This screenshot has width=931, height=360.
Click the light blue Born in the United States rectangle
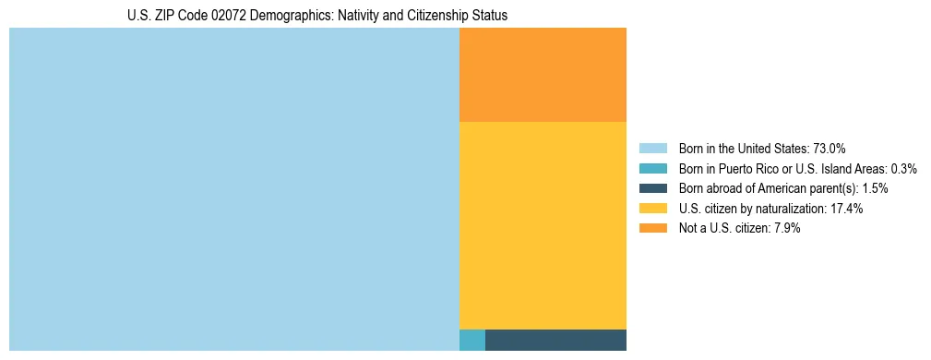(233, 189)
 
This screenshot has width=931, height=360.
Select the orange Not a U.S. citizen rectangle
(543, 75)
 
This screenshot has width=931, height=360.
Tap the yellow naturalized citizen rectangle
(543, 225)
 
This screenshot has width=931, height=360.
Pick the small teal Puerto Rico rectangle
(471, 340)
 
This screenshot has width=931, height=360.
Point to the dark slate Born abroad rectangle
(555, 340)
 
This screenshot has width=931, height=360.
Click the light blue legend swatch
(652, 148)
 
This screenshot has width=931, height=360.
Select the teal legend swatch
(652, 168)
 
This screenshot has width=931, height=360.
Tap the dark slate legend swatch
(652, 188)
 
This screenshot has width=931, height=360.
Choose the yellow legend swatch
(652, 209)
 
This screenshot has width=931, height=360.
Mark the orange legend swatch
(652, 229)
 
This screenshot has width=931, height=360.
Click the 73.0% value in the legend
(830, 148)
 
